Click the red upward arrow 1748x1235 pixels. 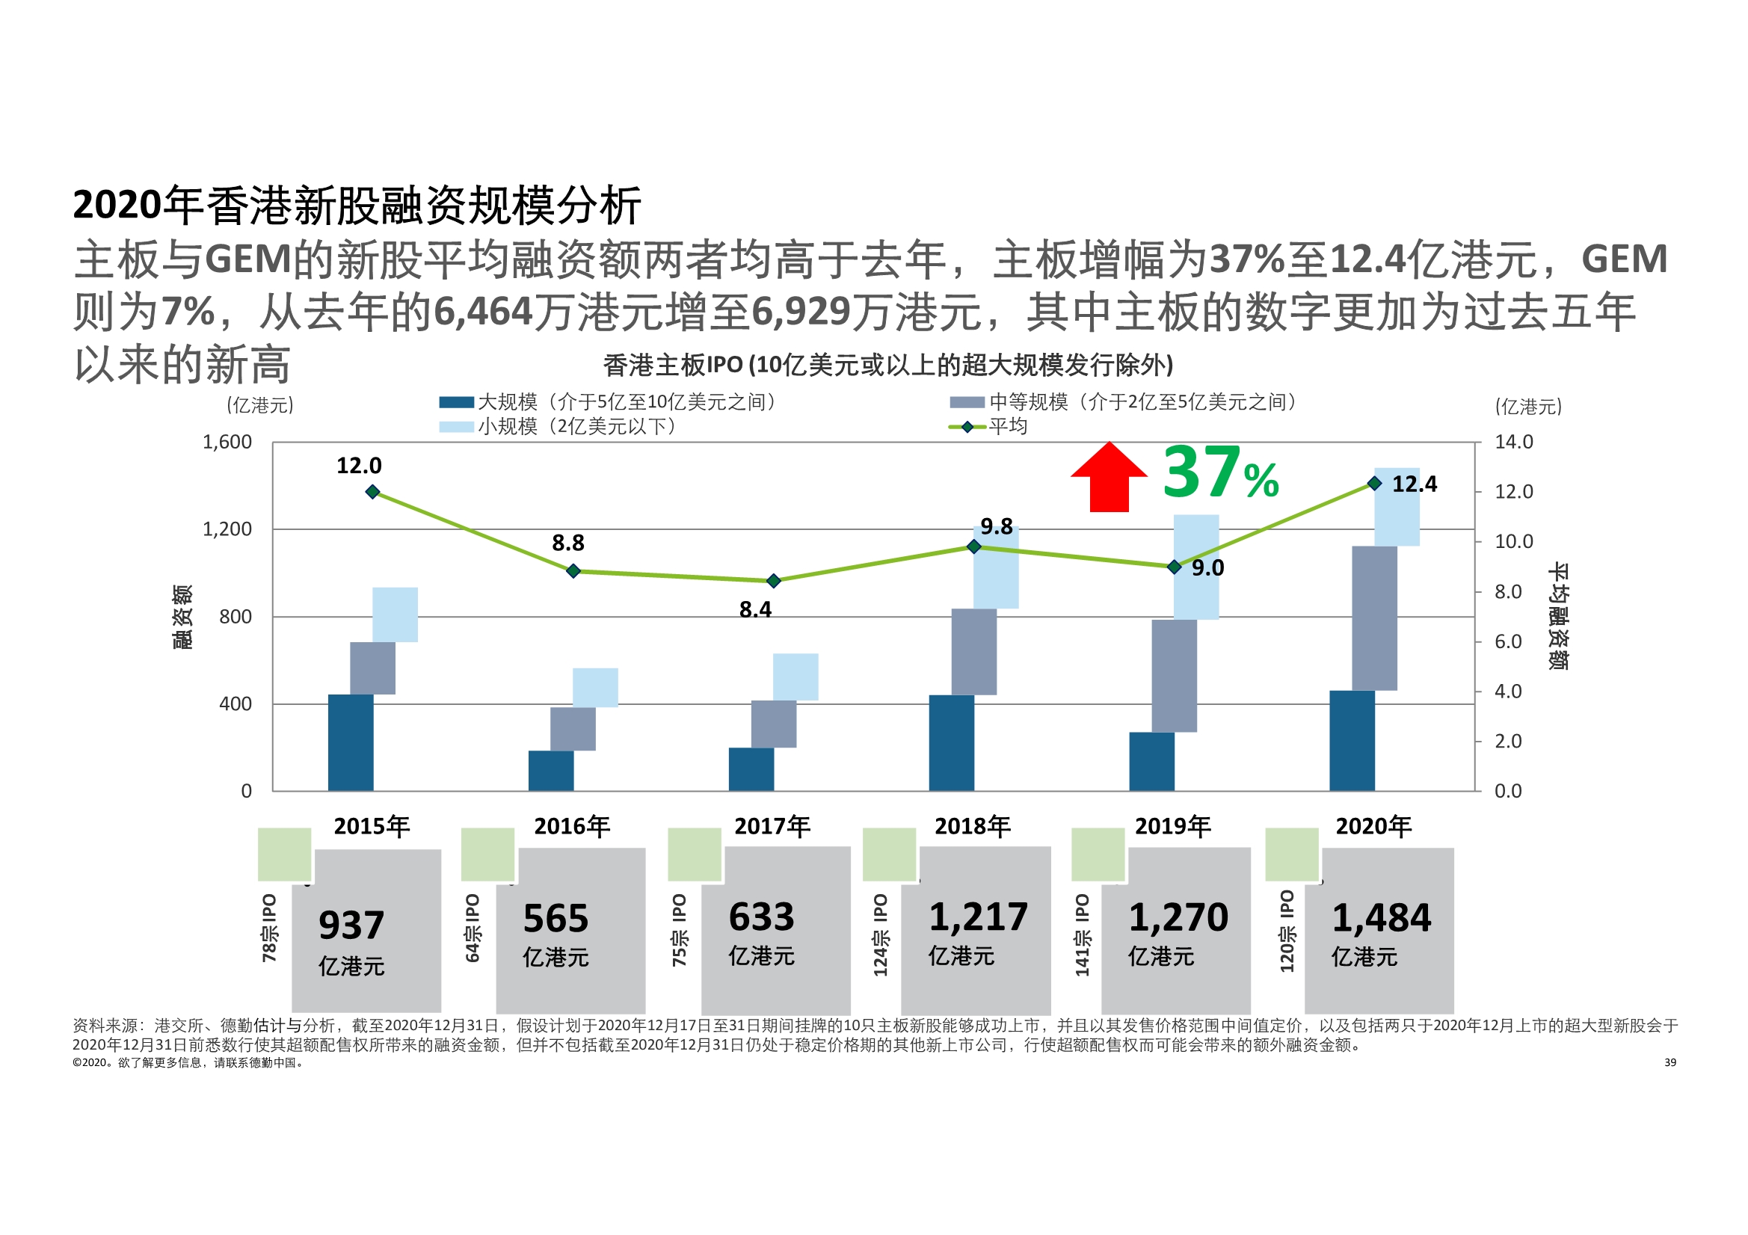point(1109,478)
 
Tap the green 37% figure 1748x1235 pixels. point(1219,472)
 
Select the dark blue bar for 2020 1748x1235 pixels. point(1351,740)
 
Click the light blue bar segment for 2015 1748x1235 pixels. point(394,615)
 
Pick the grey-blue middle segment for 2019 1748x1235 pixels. point(1173,675)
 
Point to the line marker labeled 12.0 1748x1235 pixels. point(372,492)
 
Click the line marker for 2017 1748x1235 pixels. point(774,581)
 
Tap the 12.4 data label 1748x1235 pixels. point(1414,484)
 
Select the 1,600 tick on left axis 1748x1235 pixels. point(227,443)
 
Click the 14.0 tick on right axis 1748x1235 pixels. point(1512,443)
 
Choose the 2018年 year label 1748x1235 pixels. point(972,826)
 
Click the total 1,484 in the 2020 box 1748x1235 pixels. point(1381,917)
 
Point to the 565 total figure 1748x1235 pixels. point(556,918)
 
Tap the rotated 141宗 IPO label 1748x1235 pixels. point(1082,935)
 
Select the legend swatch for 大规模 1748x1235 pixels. point(456,402)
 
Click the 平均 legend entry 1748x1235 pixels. point(1007,426)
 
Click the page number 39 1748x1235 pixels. point(1669,1062)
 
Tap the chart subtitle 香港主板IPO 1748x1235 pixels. point(887,366)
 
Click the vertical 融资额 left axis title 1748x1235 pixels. point(182,617)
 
